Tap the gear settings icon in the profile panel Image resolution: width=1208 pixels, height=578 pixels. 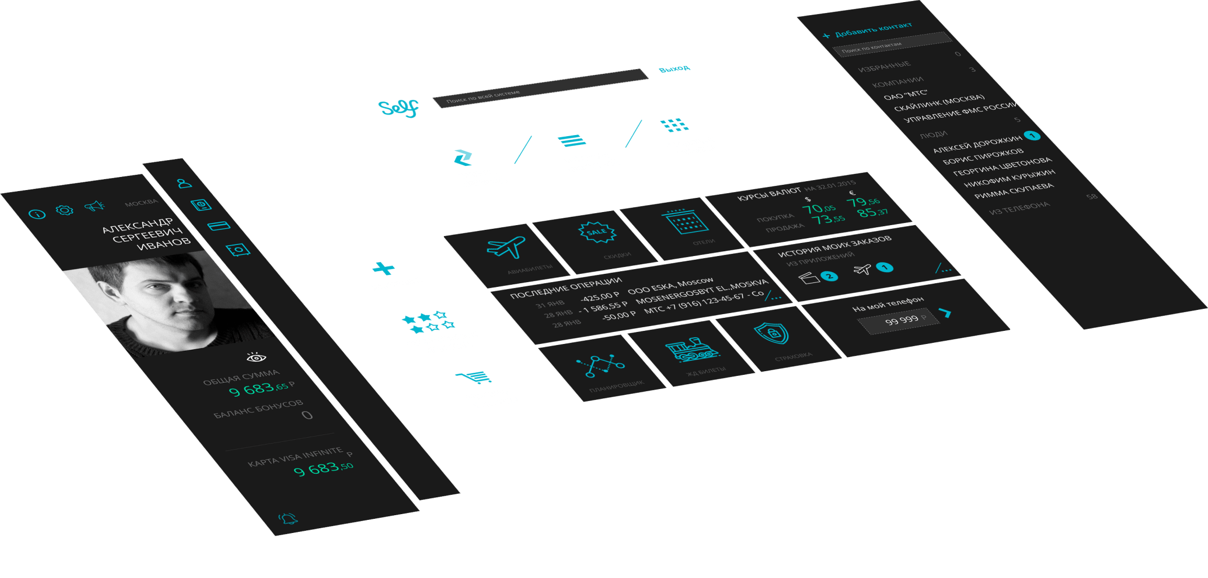point(64,210)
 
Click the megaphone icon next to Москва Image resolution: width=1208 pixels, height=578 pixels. point(94,206)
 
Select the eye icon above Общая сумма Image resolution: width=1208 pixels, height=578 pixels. point(256,358)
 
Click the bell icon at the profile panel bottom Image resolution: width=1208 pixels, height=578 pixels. point(288,519)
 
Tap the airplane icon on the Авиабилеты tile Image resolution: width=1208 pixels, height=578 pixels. point(506,247)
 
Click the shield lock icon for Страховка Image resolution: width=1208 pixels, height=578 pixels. point(771,333)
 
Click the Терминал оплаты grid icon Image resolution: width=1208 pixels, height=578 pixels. point(674,125)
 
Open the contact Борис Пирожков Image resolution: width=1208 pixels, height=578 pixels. point(982,156)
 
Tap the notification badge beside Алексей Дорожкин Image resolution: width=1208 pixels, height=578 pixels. point(1032,136)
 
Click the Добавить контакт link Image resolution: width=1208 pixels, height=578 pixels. point(873,30)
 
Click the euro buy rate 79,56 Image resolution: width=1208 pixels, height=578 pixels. point(863,202)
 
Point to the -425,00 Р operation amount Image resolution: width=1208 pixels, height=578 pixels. point(600,297)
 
